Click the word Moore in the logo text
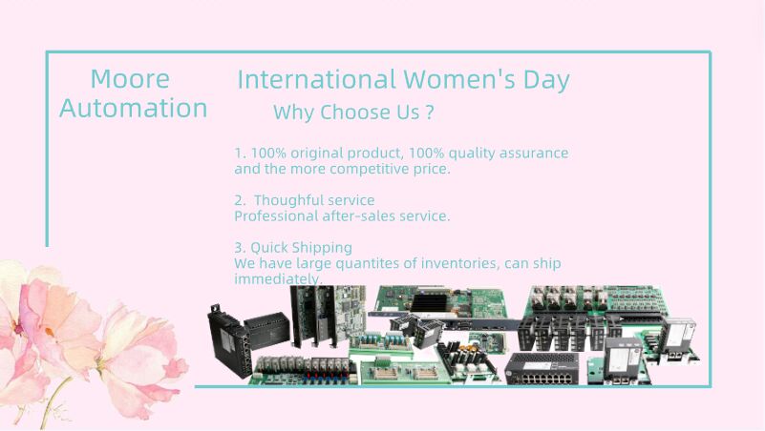(130, 79)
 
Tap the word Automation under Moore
(133, 108)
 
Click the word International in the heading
(316, 80)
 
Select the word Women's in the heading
(459, 80)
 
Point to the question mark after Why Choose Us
(430, 113)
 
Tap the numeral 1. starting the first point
(240, 153)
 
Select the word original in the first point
(317, 154)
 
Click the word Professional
(276, 215)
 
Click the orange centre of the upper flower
(50, 332)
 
